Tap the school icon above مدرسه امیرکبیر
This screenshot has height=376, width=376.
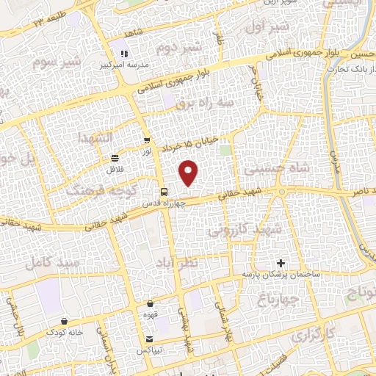(x=124, y=53)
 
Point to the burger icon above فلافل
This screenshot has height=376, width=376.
(x=115, y=158)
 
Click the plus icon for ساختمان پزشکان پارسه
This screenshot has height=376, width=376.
(x=281, y=262)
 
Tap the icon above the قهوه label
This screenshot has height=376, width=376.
(x=151, y=303)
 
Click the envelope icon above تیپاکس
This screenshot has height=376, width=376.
(x=151, y=340)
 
